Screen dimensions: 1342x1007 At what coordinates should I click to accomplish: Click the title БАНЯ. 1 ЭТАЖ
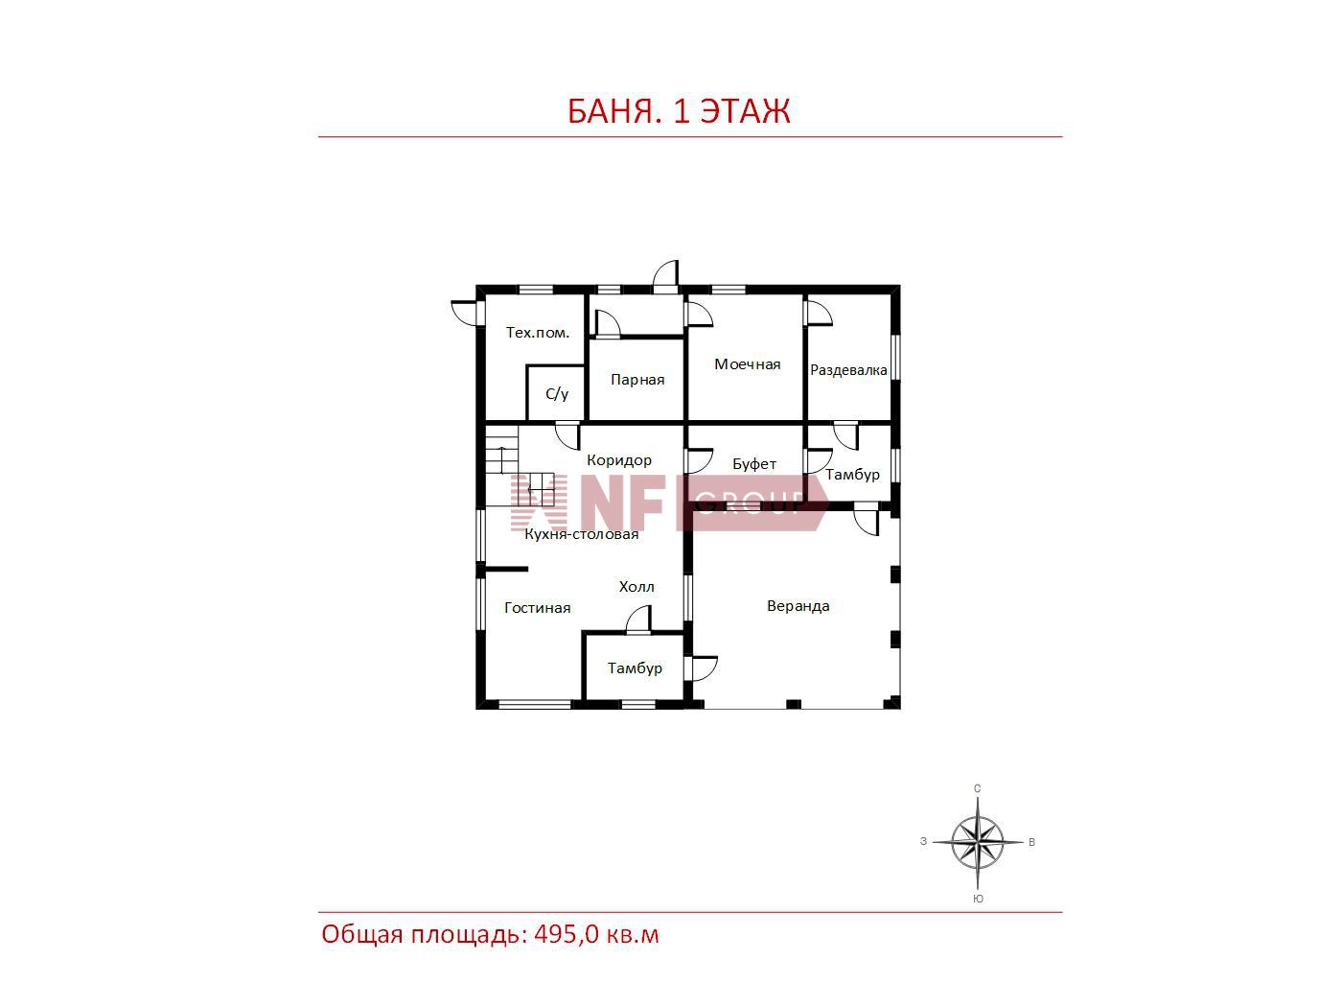click(x=679, y=110)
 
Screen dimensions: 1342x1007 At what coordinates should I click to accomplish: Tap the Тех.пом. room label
click(x=538, y=333)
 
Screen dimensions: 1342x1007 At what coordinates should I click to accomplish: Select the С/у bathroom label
click(x=557, y=393)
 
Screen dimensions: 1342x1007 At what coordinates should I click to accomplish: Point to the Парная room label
click(x=637, y=380)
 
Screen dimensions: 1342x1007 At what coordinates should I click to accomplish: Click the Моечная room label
click(x=747, y=364)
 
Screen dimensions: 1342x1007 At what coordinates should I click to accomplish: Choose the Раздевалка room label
click(x=848, y=370)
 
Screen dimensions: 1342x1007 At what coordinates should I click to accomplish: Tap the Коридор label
click(x=618, y=459)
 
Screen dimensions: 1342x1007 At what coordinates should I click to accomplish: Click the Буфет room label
click(x=753, y=464)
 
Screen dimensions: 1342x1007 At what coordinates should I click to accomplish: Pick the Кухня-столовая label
click(x=582, y=534)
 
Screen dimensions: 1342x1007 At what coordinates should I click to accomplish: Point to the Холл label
click(x=636, y=587)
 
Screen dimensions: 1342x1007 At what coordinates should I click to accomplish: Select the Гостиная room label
click(x=537, y=608)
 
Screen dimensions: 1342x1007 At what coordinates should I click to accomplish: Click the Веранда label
click(x=798, y=606)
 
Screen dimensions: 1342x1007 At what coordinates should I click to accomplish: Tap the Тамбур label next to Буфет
click(x=852, y=475)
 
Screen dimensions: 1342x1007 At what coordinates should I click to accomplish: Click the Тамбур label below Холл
click(x=635, y=668)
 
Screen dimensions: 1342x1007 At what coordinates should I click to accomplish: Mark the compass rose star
click(x=977, y=843)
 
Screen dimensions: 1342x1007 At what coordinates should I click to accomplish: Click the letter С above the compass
click(x=977, y=788)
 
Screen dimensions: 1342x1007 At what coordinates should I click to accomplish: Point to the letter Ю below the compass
click(x=978, y=899)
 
